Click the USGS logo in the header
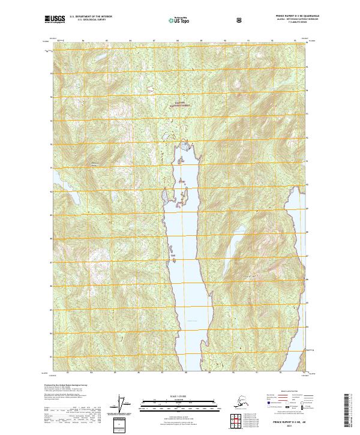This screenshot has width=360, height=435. (x=53, y=19)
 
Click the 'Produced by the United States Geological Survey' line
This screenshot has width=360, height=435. (x=67, y=385)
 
